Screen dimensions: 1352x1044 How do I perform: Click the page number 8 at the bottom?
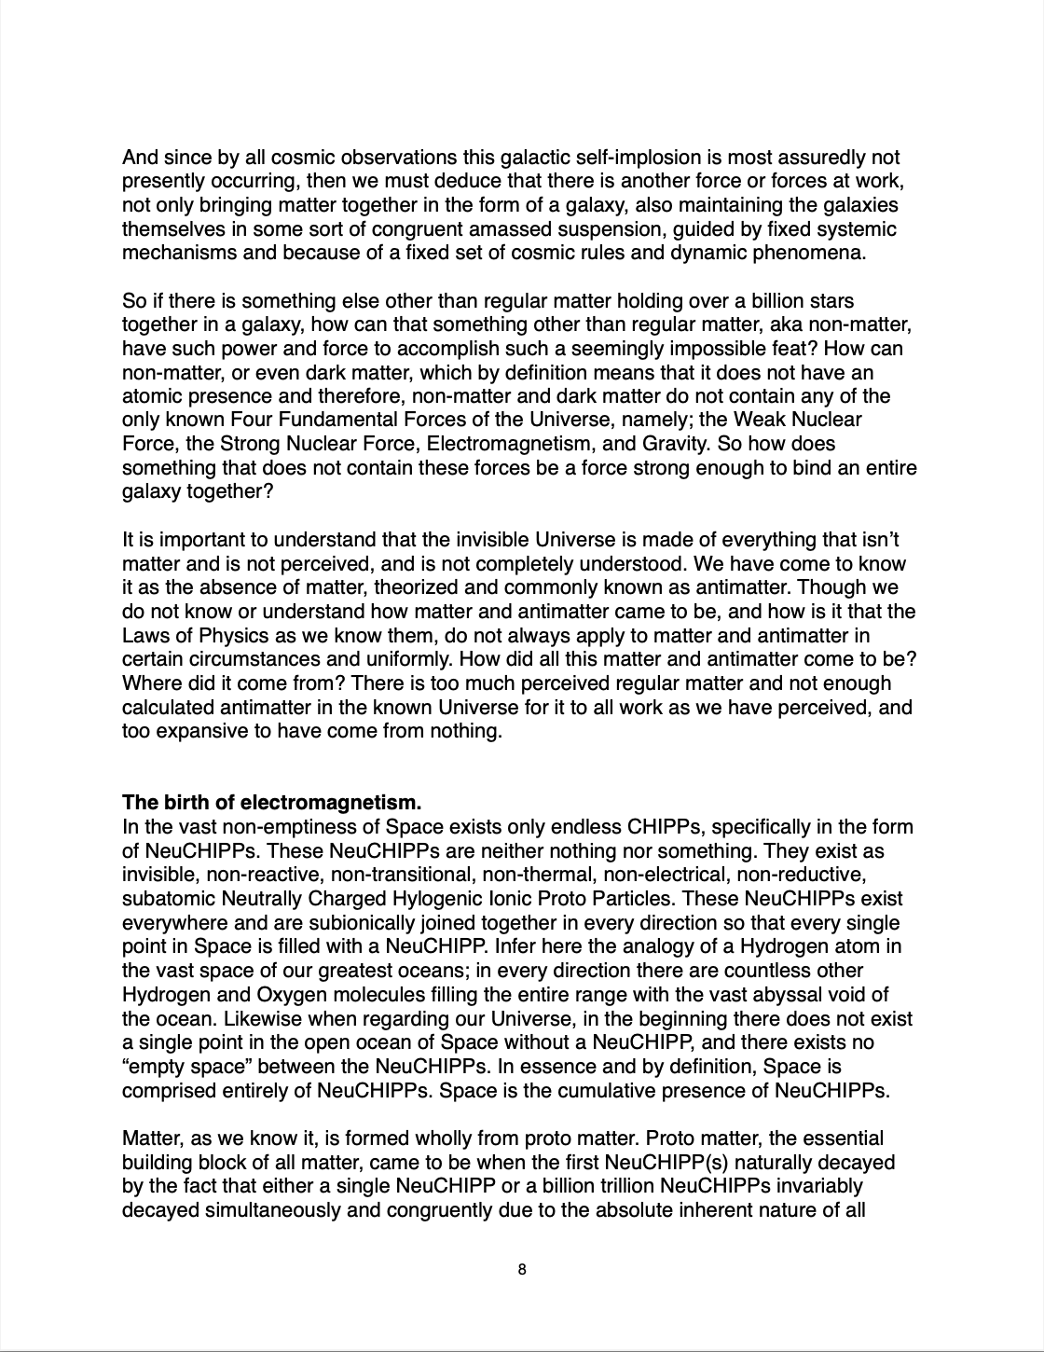(522, 1269)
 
